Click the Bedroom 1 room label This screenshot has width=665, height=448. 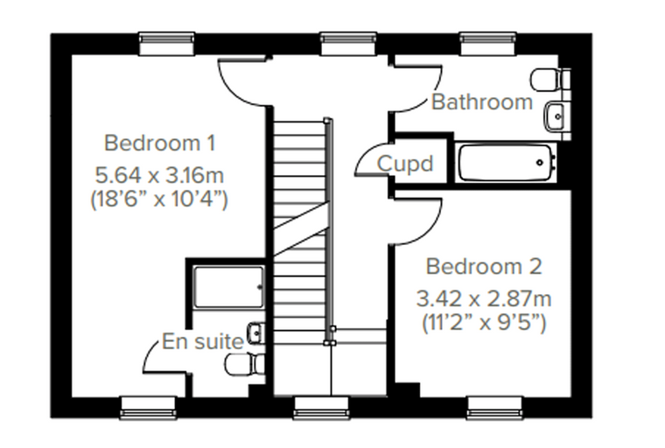click(x=160, y=143)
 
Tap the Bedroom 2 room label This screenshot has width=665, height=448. click(x=484, y=266)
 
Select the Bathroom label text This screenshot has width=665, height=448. click(x=482, y=101)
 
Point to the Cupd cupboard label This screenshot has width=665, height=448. click(x=405, y=164)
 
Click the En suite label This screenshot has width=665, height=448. click(x=203, y=341)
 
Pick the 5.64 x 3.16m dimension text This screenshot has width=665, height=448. click(x=159, y=175)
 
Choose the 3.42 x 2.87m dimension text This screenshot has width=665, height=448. click(x=484, y=298)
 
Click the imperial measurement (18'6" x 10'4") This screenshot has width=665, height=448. click(x=159, y=198)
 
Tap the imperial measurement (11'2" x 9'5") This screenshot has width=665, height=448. click(x=484, y=322)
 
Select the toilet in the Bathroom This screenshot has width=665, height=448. click(x=550, y=80)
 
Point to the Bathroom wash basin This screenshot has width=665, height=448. click(x=556, y=115)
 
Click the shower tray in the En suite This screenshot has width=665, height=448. click(x=229, y=287)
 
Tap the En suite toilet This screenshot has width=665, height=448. click(x=245, y=364)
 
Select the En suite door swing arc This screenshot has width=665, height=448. click(x=150, y=351)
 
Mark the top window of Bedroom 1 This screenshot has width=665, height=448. click(x=167, y=44)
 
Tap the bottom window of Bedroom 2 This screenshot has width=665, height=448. click(x=494, y=408)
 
